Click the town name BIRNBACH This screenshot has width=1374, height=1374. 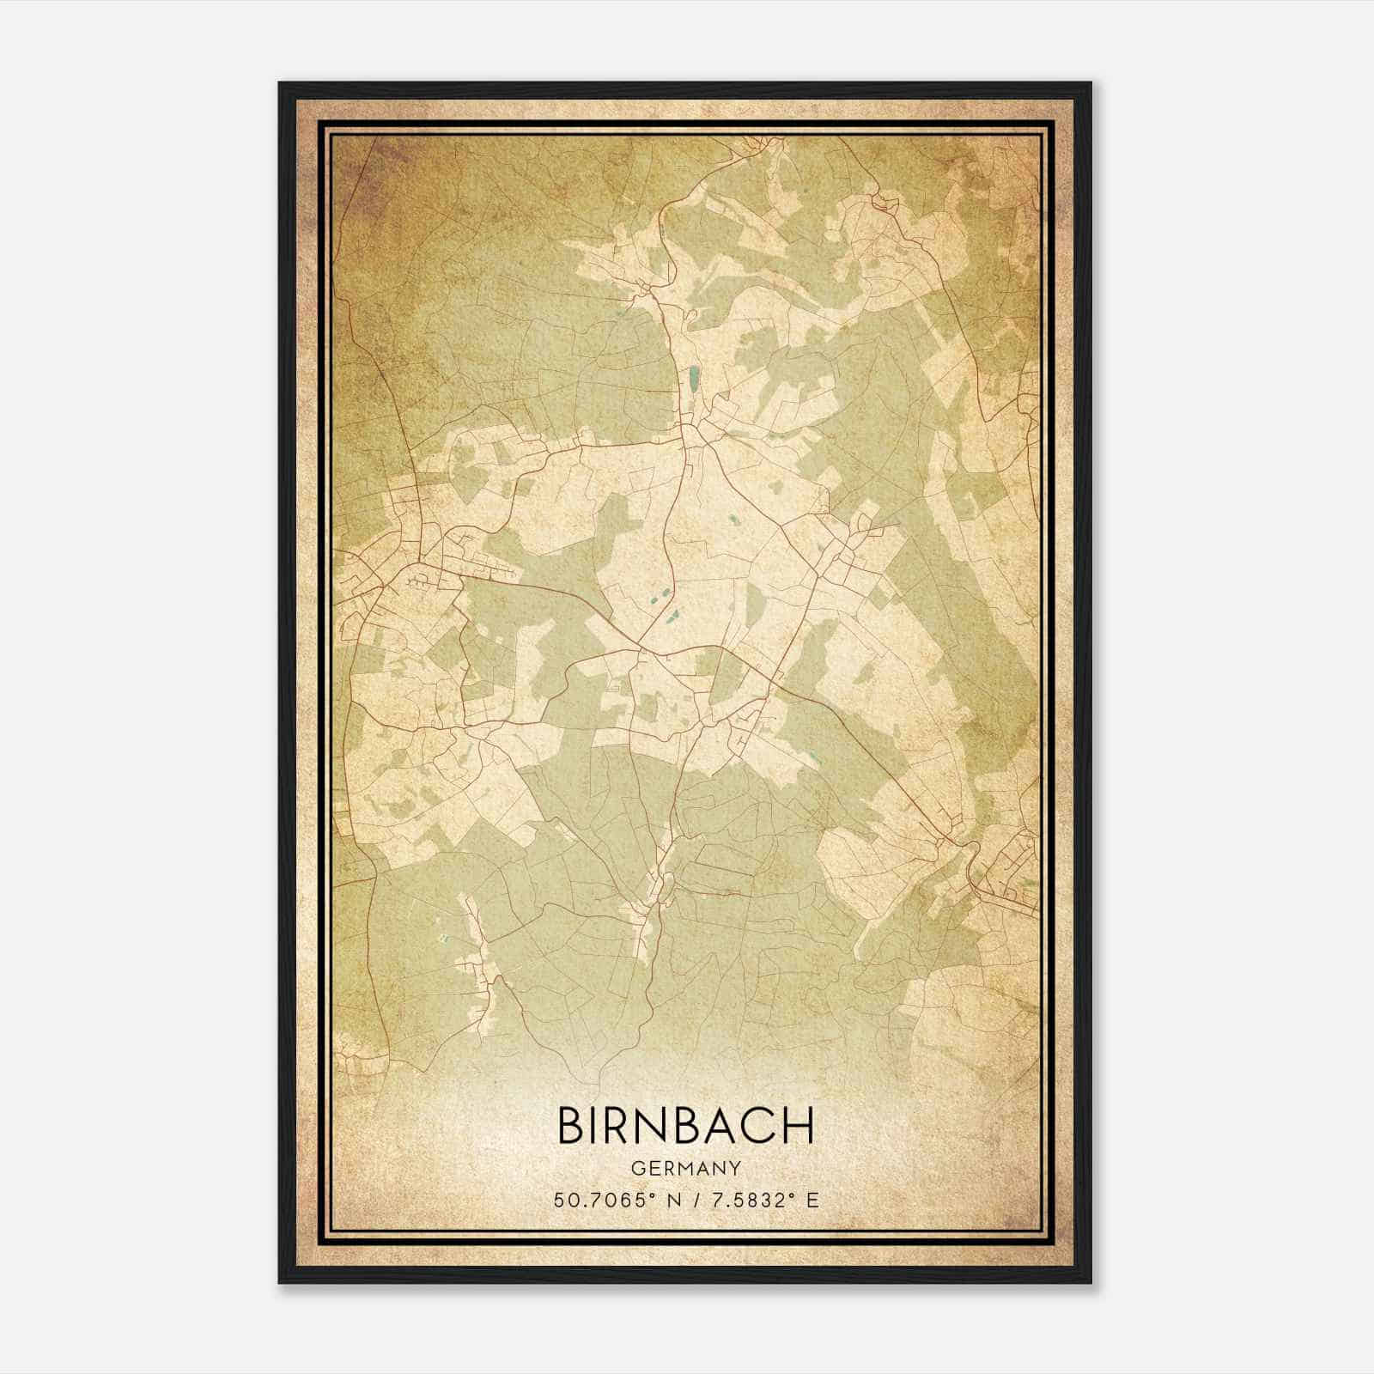click(686, 1125)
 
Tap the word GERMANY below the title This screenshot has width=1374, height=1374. click(686, 1169)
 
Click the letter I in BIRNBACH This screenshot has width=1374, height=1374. click(599, 1125)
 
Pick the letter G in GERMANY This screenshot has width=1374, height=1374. click(637, 1169)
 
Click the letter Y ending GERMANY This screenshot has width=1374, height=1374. click(736, 1169)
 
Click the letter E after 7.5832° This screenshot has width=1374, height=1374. click(812, 1200)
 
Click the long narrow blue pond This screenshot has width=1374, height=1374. click(693, 375)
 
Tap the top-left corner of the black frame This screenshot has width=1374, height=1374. click(280, 83)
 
